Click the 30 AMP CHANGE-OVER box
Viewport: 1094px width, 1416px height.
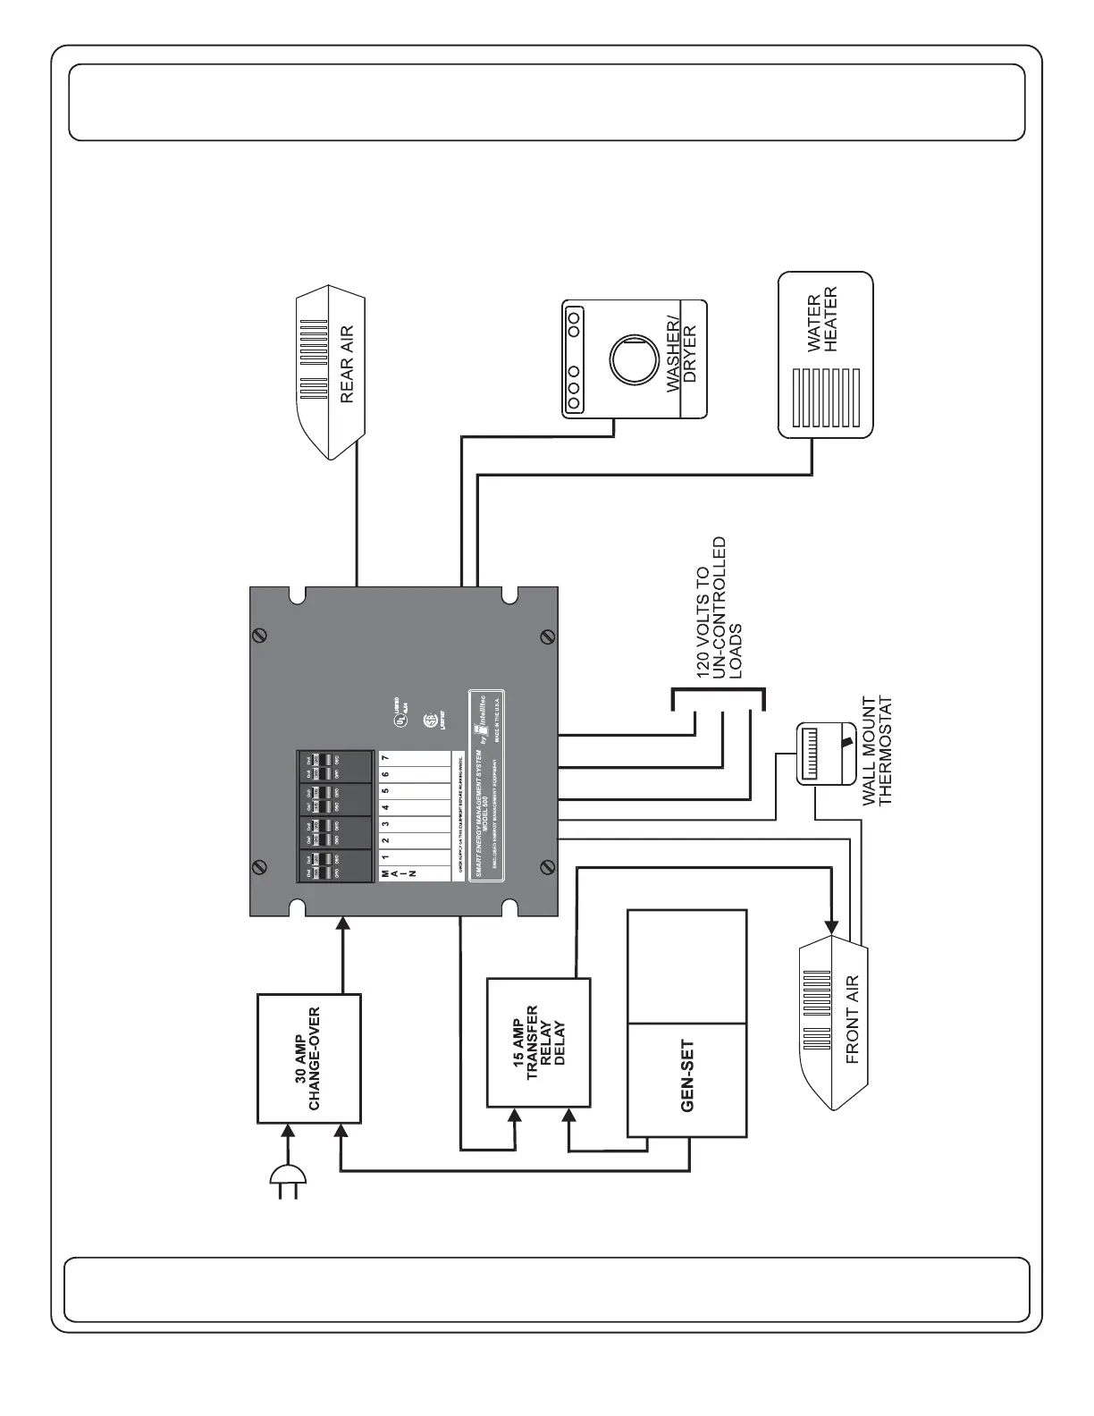309,1058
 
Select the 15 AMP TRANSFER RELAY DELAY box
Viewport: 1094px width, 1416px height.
538,1042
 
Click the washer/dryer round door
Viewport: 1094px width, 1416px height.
633,359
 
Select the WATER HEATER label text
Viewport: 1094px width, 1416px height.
821,319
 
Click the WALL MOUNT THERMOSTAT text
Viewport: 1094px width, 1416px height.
877,750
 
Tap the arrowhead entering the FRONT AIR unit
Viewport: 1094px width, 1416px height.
833,926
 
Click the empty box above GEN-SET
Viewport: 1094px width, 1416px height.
687,966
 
